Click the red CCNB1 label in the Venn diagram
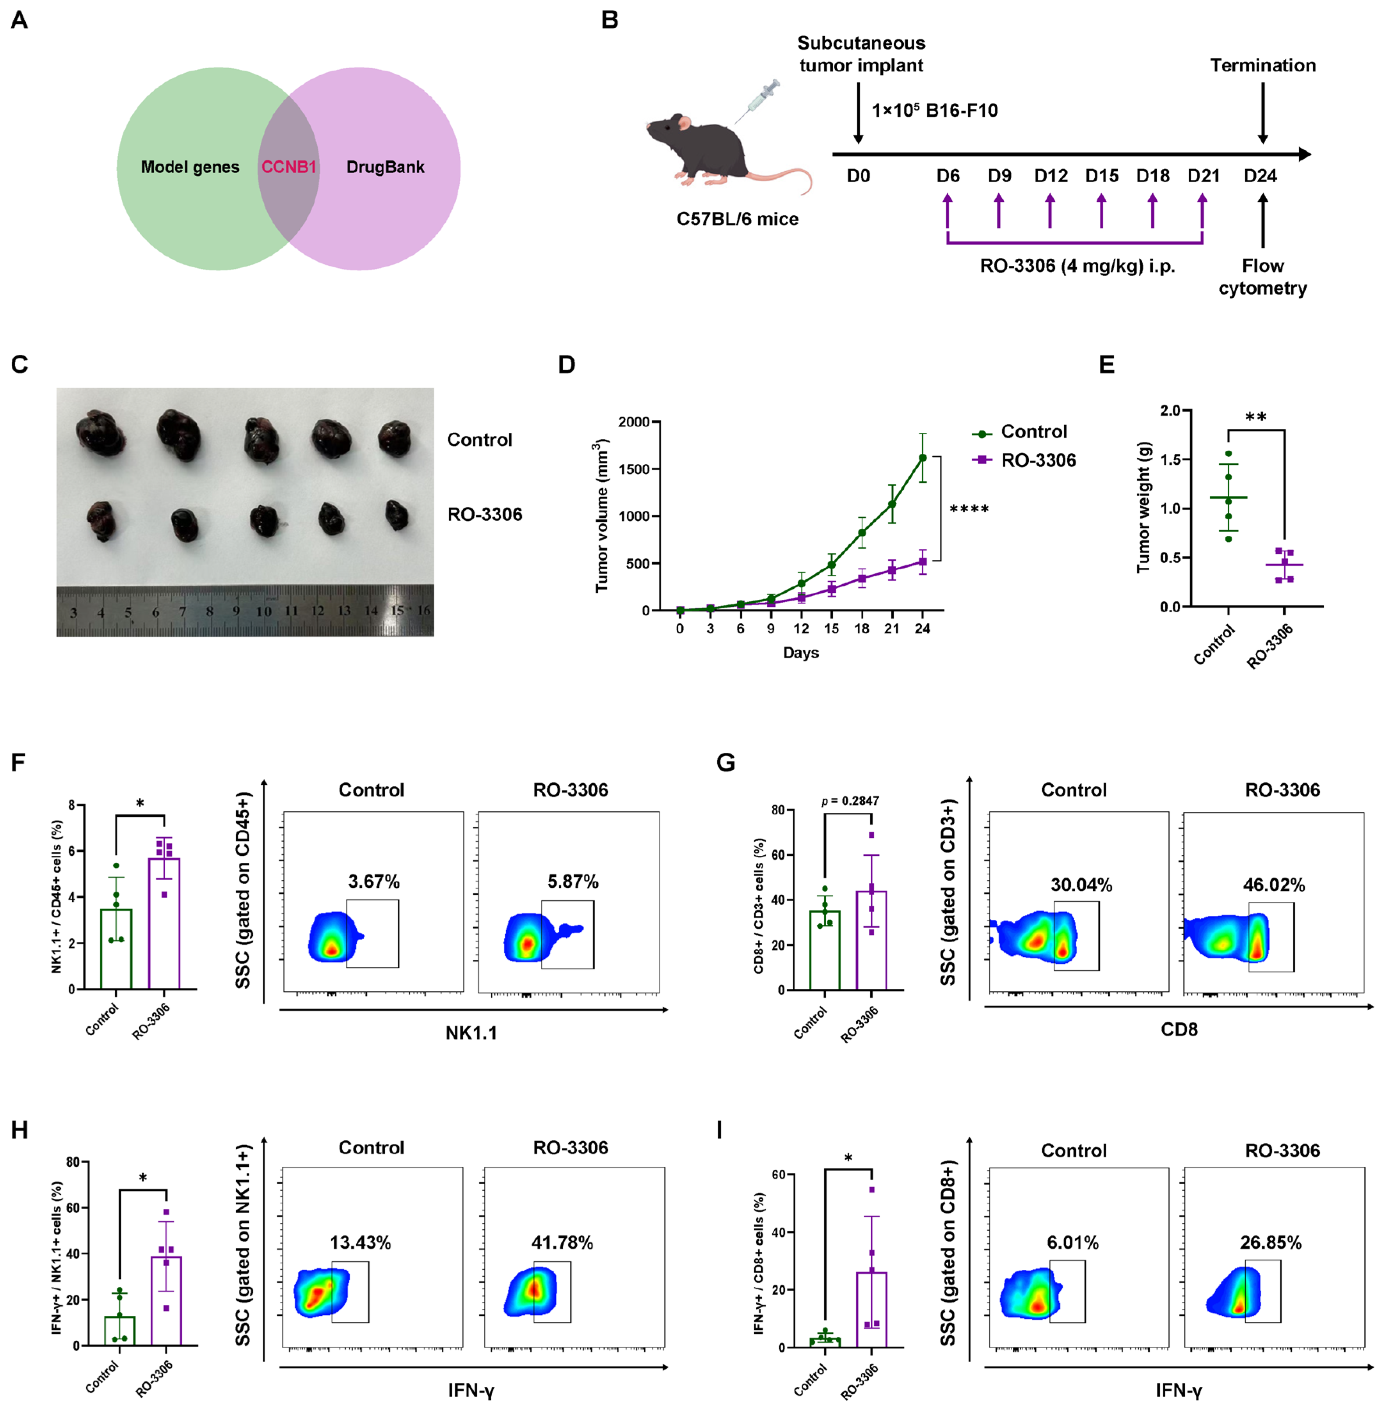pyautogui.click(x=289, y=167)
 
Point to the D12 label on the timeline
pyautogui.click(x=1051, y=176)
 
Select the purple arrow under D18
pyautogui.click(x=1152, y=211)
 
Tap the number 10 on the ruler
pyautogui.click(x=263, y=611)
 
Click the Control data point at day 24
pyautogui.click(x=923, y=458)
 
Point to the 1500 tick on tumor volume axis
pyautogui.click(x=633, y=469)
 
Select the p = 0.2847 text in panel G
pyautogui.click(x=850, y=801)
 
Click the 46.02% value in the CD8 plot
pyautogui.click(x=1274, y=885)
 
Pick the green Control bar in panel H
pyautogui.click(x=119, y=1331)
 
